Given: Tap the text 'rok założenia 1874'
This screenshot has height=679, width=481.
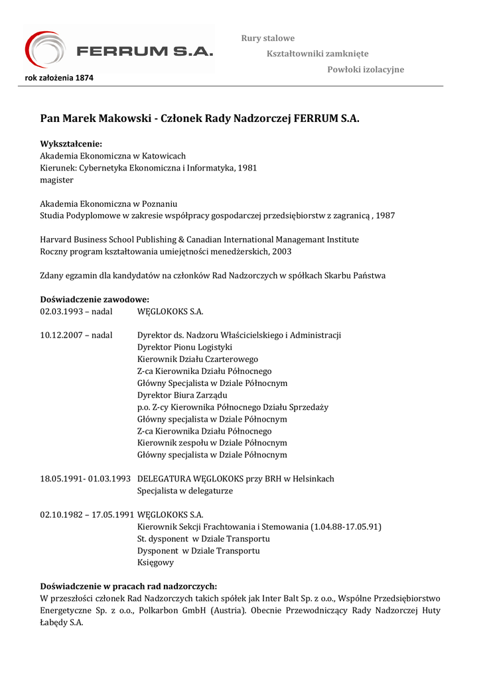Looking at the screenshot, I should point(59,78).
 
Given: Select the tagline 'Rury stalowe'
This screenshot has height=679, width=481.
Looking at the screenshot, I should point(267,38).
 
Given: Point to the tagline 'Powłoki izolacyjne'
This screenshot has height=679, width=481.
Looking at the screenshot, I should point(366,70).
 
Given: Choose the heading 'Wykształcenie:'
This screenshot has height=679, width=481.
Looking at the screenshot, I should point(71,144).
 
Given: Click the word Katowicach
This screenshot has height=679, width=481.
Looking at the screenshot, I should point(164,156).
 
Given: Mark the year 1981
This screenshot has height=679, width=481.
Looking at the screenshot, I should point(247,168).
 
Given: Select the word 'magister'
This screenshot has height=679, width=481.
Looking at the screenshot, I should point(56,180).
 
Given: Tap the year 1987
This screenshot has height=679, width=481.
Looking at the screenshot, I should point(384,216).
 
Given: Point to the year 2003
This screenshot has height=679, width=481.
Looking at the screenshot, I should point(281,251).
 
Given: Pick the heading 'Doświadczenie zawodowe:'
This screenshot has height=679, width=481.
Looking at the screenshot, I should point(94,299).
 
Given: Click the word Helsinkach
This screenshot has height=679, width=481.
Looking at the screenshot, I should point(311,478).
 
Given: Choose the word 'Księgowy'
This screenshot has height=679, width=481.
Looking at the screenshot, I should point(155,562).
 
